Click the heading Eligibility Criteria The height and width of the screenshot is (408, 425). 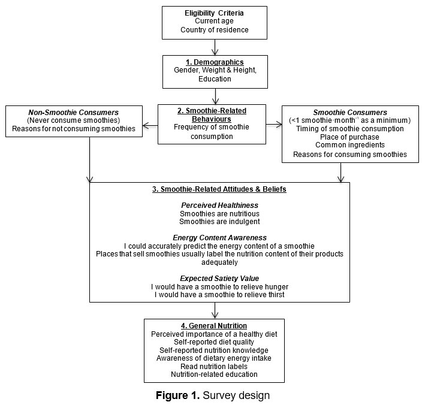click(x=214, y=13)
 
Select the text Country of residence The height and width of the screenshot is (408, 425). click(x=215, y=30)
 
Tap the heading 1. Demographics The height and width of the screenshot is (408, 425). click(x=215, y=62)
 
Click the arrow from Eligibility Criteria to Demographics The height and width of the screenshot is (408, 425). click(x=215, y=47)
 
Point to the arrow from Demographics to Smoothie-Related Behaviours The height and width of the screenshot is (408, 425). click(x=215, y=96)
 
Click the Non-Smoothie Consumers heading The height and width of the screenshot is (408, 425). click(x=74, y=112)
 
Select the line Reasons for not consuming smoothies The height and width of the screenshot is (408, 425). click(x=74, y=128)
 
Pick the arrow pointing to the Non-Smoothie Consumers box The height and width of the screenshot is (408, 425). click(x=150, y=125)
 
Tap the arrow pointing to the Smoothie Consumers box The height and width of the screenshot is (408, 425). click(x=274, y=125)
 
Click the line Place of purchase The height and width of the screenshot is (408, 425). click(x=349, y=137)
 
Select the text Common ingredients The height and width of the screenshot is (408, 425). click(x=350, y=145)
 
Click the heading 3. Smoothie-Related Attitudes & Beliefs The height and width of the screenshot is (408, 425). click(x=219, y=189)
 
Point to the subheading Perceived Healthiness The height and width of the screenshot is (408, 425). click(x=219, y=205)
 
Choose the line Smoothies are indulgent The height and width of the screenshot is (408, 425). click(x=219, y=222)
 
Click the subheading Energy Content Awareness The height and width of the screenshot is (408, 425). click(x=219, y=238)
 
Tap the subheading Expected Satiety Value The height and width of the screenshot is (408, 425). click(x=219, y=279)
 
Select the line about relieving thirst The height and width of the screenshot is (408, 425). click(x=219, y=295)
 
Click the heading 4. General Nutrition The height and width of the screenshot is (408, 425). click(x=214, y=326)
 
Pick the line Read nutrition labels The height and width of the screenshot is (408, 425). click(x=214, y=367)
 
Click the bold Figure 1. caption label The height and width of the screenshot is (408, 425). click(x=177, y=395)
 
